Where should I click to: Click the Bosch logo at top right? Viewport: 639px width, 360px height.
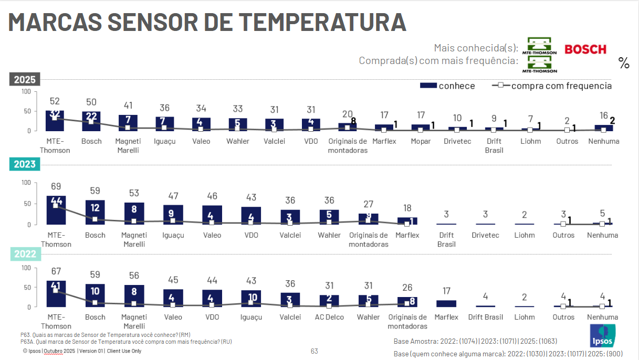click(585, 49)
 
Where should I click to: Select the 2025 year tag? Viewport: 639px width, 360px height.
click(25, 80)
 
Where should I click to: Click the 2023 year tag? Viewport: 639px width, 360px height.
click(25, 164)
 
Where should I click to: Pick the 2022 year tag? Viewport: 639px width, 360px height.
click(25, 254)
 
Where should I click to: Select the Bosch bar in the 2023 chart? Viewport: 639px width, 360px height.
click(95, 212)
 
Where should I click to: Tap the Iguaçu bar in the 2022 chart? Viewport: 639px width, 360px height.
click(251, 298)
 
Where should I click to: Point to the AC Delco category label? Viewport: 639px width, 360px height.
click(329, 317)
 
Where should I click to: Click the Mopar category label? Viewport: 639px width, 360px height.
click(421, 141)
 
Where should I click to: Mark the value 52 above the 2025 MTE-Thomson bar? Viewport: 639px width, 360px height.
click(55, 101)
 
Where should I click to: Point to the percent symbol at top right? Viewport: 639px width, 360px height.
click(624, 63)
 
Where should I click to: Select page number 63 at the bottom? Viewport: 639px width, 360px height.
click(315, 351)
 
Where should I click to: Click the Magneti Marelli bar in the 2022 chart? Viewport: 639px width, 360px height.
click(134, 295)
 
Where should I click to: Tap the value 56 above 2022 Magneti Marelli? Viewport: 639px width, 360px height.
click(134, 276)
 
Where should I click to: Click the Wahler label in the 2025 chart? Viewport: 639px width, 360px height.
click(238, 141)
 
